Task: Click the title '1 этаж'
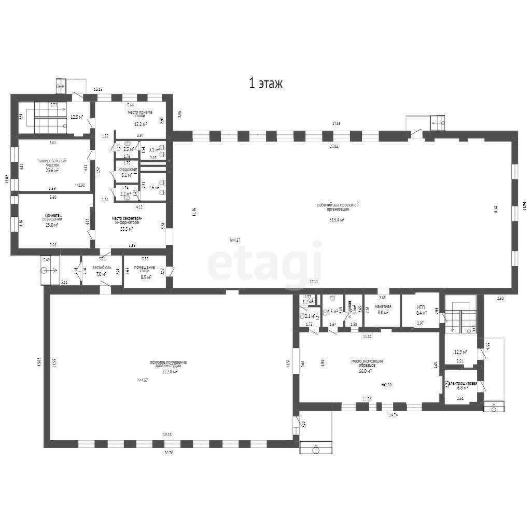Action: pos(265,84)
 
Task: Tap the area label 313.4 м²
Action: pos(338,219)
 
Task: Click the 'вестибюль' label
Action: pos(102,268)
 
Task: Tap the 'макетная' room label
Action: pos(382,306)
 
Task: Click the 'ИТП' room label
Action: pos(421,306)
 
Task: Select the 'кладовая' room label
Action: pos(127,170)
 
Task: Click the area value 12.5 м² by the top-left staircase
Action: pos(77,117)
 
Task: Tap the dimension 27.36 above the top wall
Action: pos(336,123)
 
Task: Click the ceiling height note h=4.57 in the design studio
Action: pos(143,380)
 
